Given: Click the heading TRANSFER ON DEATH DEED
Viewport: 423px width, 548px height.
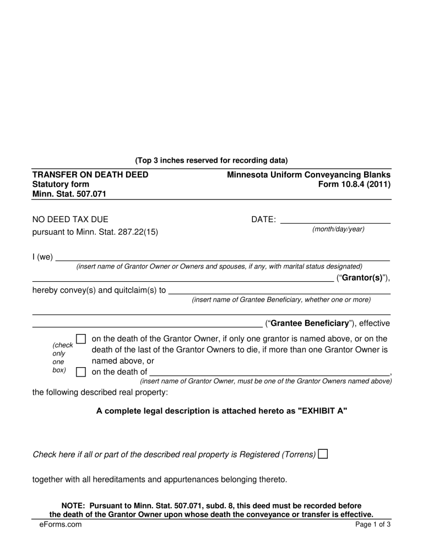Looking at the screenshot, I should [x=90, y=175].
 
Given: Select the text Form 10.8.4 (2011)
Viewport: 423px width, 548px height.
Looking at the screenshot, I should [x=354, y=184].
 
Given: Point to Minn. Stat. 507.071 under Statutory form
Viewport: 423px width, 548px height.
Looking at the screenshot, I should [x=69, y=194].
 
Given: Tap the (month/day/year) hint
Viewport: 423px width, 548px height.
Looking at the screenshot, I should [x=338, y=229].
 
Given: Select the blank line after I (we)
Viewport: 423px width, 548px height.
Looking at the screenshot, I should [x=223, y=257].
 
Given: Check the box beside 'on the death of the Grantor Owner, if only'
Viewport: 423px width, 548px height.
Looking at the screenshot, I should [x=80, y=339].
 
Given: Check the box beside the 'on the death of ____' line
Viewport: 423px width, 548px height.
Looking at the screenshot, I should [x=80, y=372].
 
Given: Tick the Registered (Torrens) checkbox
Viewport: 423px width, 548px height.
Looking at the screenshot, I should [x=323, y=454].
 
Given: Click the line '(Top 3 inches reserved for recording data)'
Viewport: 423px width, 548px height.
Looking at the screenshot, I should [x=211, y=161].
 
